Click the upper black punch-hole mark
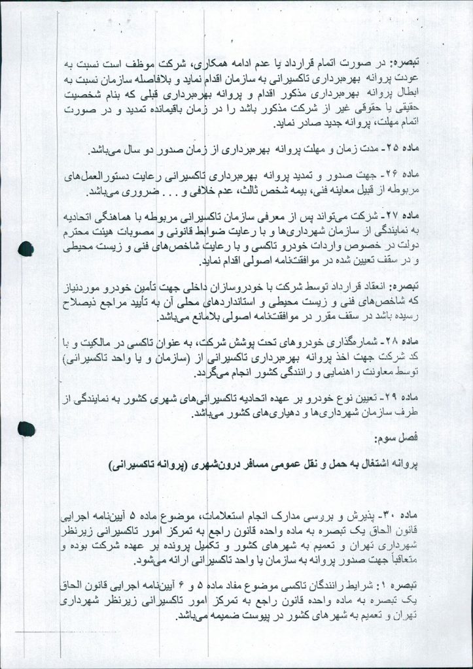click(26, 249)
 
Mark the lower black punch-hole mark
click(26, 429)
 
